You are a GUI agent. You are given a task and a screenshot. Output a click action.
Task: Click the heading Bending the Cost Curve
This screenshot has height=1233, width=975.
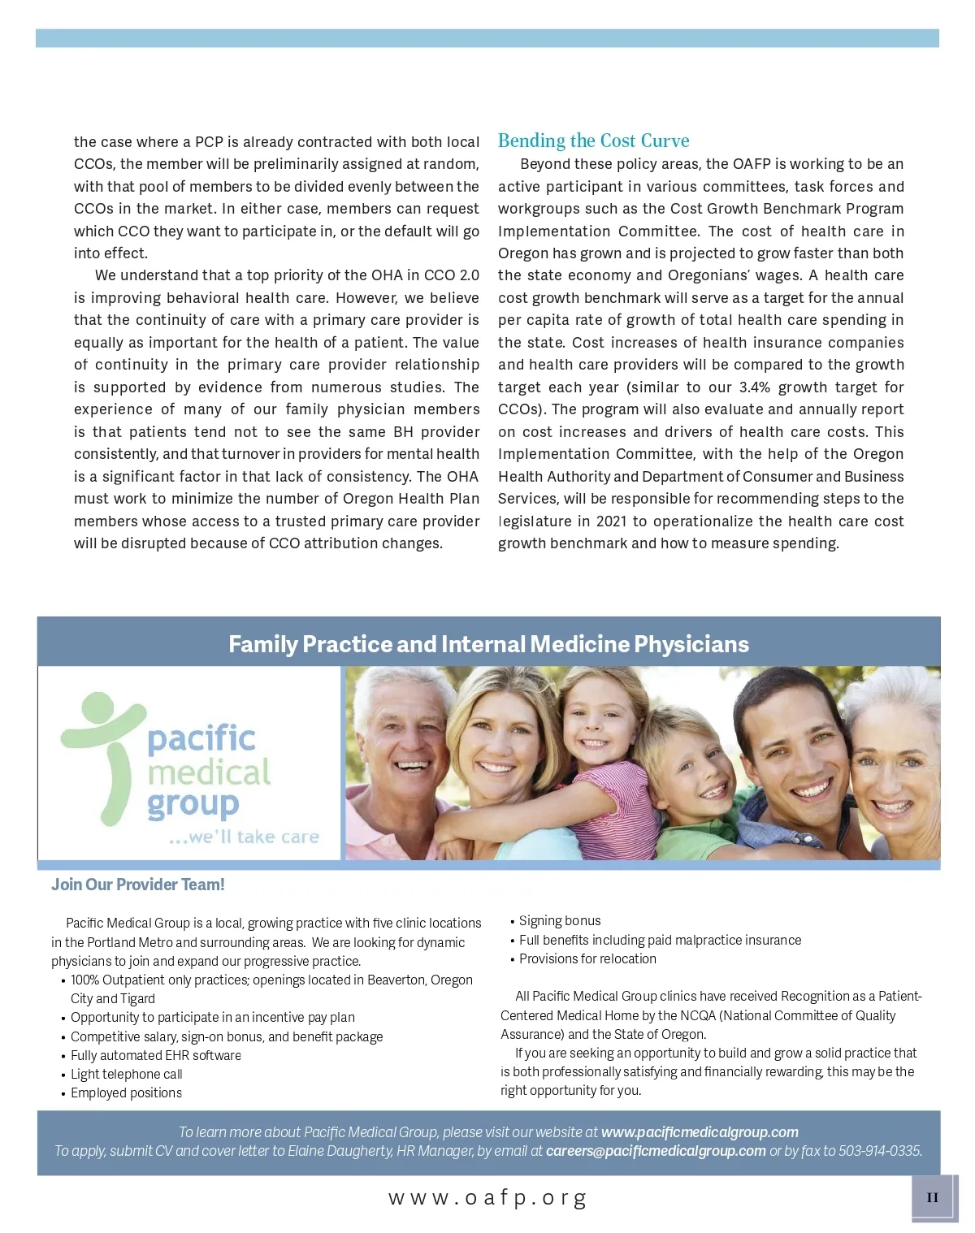[x=593, y=141]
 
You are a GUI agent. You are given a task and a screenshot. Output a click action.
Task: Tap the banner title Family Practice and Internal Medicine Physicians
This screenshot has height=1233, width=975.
[x=488, y=644]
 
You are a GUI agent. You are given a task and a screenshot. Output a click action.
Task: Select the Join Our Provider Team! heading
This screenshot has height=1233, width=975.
[x=137, y=885]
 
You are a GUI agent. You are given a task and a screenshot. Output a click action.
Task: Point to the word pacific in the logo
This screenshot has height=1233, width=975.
[x=201, y=738]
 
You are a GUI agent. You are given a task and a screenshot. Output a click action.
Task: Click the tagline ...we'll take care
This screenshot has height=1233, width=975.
[x=244, y=837]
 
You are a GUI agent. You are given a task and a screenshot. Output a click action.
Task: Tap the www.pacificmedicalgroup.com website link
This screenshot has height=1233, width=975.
[x=700, y=1132]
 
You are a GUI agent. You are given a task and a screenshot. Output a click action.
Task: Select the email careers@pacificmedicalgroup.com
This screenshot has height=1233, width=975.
[x=656, y=1151]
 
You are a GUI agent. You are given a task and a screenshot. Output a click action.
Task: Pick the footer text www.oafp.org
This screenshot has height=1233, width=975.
[x=487, y=1197]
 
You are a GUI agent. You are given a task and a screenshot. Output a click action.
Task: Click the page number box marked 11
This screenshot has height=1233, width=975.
[x=932, y=1197]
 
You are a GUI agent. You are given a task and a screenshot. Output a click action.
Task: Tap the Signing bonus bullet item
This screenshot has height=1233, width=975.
[x=560, y=921]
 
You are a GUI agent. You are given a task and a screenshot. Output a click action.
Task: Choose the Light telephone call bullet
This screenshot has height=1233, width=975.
[x=126, y=1075]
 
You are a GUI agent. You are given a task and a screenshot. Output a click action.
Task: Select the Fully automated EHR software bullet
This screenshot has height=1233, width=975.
[x=155, y=1056]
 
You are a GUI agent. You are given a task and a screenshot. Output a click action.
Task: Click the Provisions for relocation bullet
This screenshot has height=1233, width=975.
[x=587, y=959]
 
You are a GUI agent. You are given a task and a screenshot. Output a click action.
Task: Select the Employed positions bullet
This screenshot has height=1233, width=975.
[x=126, y=1093]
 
